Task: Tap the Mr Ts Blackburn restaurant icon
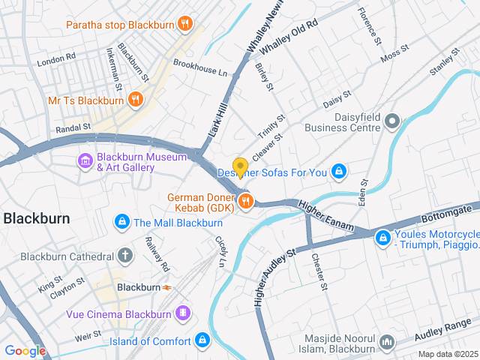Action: point(135,100)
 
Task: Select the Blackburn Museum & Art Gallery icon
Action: point(85,161)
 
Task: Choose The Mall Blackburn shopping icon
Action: point(121,223)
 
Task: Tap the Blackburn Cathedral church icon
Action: point(124,256)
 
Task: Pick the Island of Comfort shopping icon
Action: point(202,340)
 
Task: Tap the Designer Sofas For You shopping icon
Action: point(339,172)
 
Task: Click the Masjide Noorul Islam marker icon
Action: point(387,341)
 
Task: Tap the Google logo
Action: point(25,351)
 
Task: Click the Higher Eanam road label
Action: point(324,211)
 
